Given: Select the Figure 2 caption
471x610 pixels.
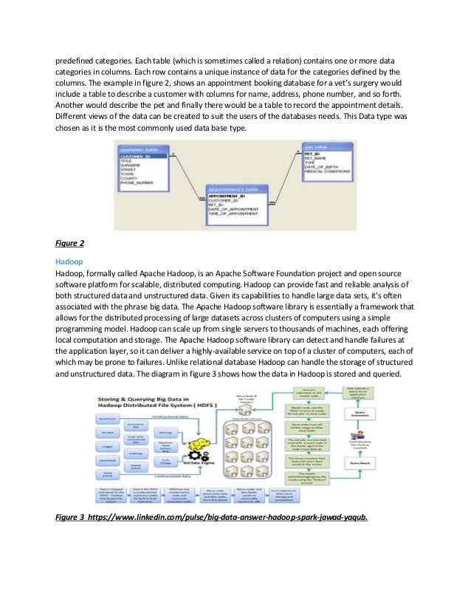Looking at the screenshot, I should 70,242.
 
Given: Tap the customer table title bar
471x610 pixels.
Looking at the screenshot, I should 141,148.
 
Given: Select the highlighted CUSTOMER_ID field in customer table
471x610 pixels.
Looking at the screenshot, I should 136,157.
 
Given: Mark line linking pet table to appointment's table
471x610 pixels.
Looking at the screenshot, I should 284,177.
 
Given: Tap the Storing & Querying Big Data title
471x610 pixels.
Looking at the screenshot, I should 142,403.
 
